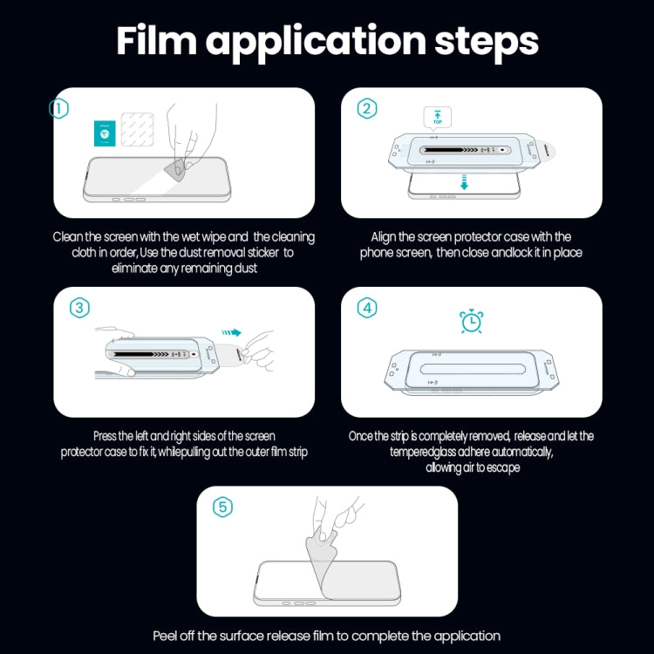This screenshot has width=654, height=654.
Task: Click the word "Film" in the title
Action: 162,41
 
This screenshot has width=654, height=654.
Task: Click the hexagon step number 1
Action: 58,109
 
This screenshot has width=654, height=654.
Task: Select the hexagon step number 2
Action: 367,108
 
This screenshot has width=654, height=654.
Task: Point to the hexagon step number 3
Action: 79,308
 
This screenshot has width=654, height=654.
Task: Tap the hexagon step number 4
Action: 367,308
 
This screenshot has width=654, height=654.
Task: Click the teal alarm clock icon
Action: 472,321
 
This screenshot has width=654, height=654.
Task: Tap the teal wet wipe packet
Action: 104,133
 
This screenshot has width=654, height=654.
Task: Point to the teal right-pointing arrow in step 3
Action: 230,331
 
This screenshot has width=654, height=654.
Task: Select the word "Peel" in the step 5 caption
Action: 169,636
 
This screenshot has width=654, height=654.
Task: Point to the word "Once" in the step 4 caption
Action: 364,436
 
